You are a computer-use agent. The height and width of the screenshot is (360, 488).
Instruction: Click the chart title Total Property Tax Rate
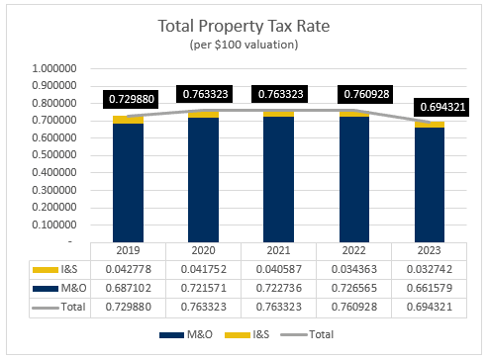click(244, 28)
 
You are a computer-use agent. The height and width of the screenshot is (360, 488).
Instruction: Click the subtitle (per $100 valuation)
click(244, 45)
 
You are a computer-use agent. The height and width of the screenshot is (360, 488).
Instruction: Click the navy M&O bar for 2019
click(128, 182)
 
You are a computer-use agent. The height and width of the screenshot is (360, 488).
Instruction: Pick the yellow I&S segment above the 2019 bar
click(128, 120)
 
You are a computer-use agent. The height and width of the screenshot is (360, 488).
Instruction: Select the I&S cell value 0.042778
click(128, 269)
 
